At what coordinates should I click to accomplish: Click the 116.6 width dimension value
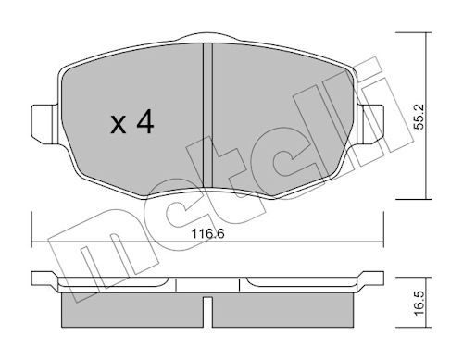click(207, 233)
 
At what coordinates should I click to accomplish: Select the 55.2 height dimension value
click(419, 117)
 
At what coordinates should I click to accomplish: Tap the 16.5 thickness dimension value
click(419, 303)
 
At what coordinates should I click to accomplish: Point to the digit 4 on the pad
click(145, 121)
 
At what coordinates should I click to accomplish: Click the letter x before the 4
click(119, 124)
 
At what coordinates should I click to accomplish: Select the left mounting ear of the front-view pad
click(44, 124)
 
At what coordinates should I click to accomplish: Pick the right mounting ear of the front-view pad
click(370, 124)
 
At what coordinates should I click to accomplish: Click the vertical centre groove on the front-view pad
click(207, 115)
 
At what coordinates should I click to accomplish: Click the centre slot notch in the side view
click(207, 312)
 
